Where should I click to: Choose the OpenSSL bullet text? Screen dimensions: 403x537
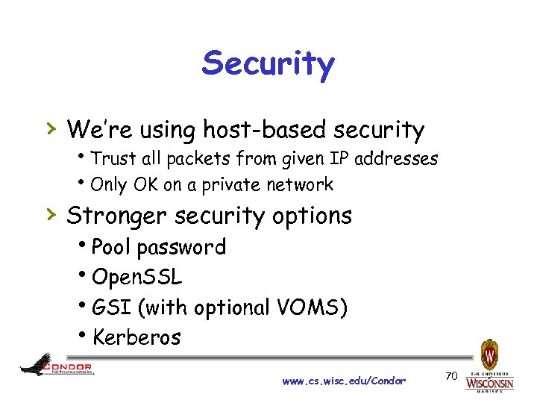136,278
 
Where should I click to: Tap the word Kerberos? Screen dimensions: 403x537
136,337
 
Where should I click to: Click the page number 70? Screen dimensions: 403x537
450,375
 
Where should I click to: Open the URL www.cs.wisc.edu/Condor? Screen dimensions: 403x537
344,381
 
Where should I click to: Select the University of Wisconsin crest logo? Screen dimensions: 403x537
490,354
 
